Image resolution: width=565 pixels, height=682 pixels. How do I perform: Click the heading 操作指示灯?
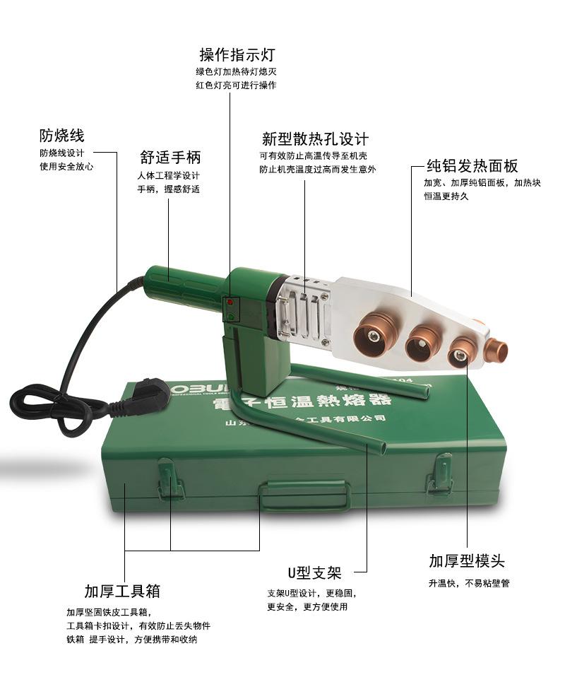[x=237, y=54]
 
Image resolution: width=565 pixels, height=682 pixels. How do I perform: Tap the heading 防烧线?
[x=61, y=135]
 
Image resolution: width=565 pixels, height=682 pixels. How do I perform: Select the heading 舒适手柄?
[x=170, y=157]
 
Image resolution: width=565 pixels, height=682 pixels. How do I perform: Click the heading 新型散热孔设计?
[x=314, y=139]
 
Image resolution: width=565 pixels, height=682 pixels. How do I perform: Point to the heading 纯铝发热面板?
[x=472, y=166]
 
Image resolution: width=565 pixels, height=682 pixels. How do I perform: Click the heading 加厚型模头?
[x=467, y=561]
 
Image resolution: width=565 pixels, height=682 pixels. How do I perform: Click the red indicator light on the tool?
[x=230, y=302]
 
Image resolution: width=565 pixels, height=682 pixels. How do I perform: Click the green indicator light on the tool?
[x=230, y=317]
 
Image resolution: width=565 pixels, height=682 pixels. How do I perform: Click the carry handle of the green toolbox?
[x=304, y=495]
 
